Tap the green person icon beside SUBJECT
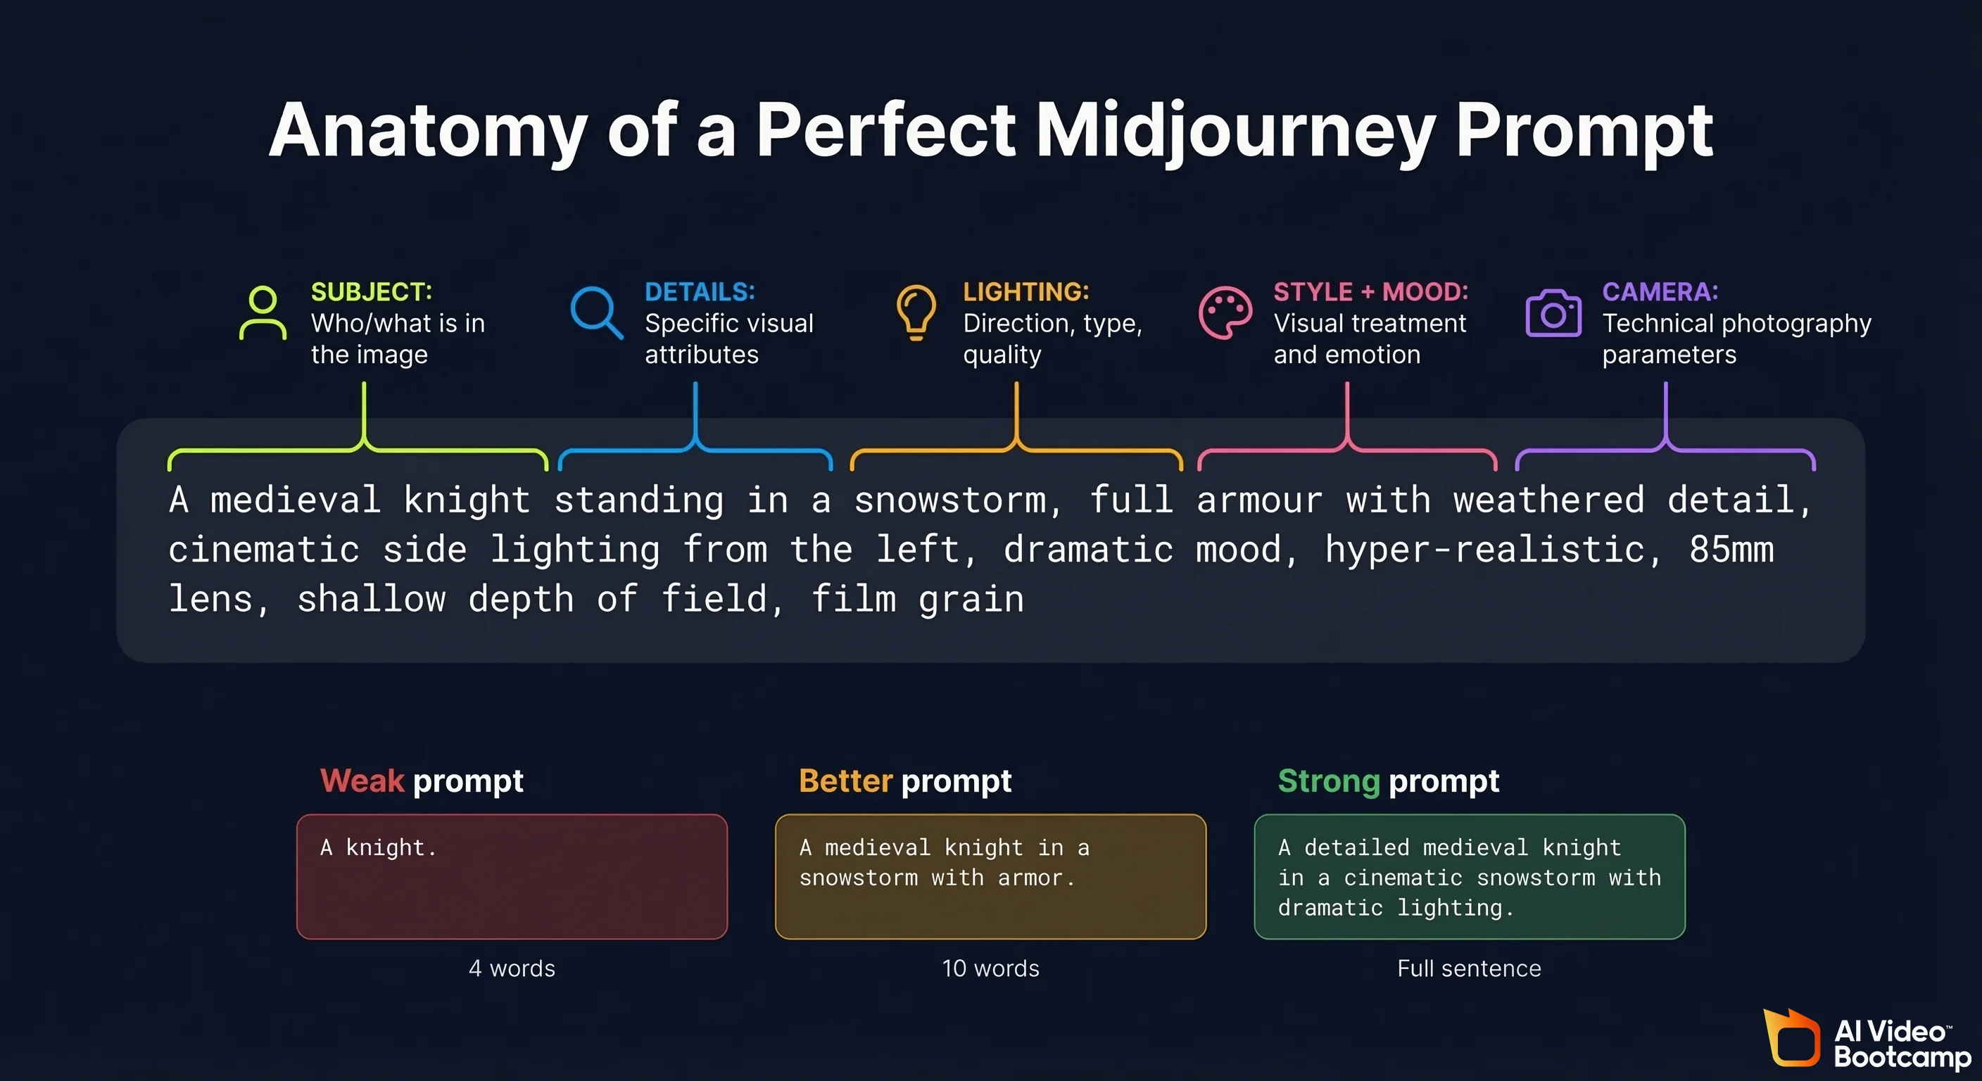pos(263,313)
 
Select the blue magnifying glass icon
pos(596,312)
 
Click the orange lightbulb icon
pos(916,312)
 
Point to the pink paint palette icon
pos(1225,312)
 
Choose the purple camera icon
pos(1553,313)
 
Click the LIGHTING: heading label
pos(1025,291)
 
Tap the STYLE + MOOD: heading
pos(1370,291)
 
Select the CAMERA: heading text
pos(1660,291)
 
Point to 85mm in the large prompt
pos(1731,550)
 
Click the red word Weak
pos(362,781)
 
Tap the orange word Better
pos(845,781)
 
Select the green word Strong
pos(1329,781)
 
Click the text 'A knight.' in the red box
pos(379,847)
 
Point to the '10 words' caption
pos(990,968)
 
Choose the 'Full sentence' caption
pos(1469,968)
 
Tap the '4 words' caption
pos(512,968)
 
